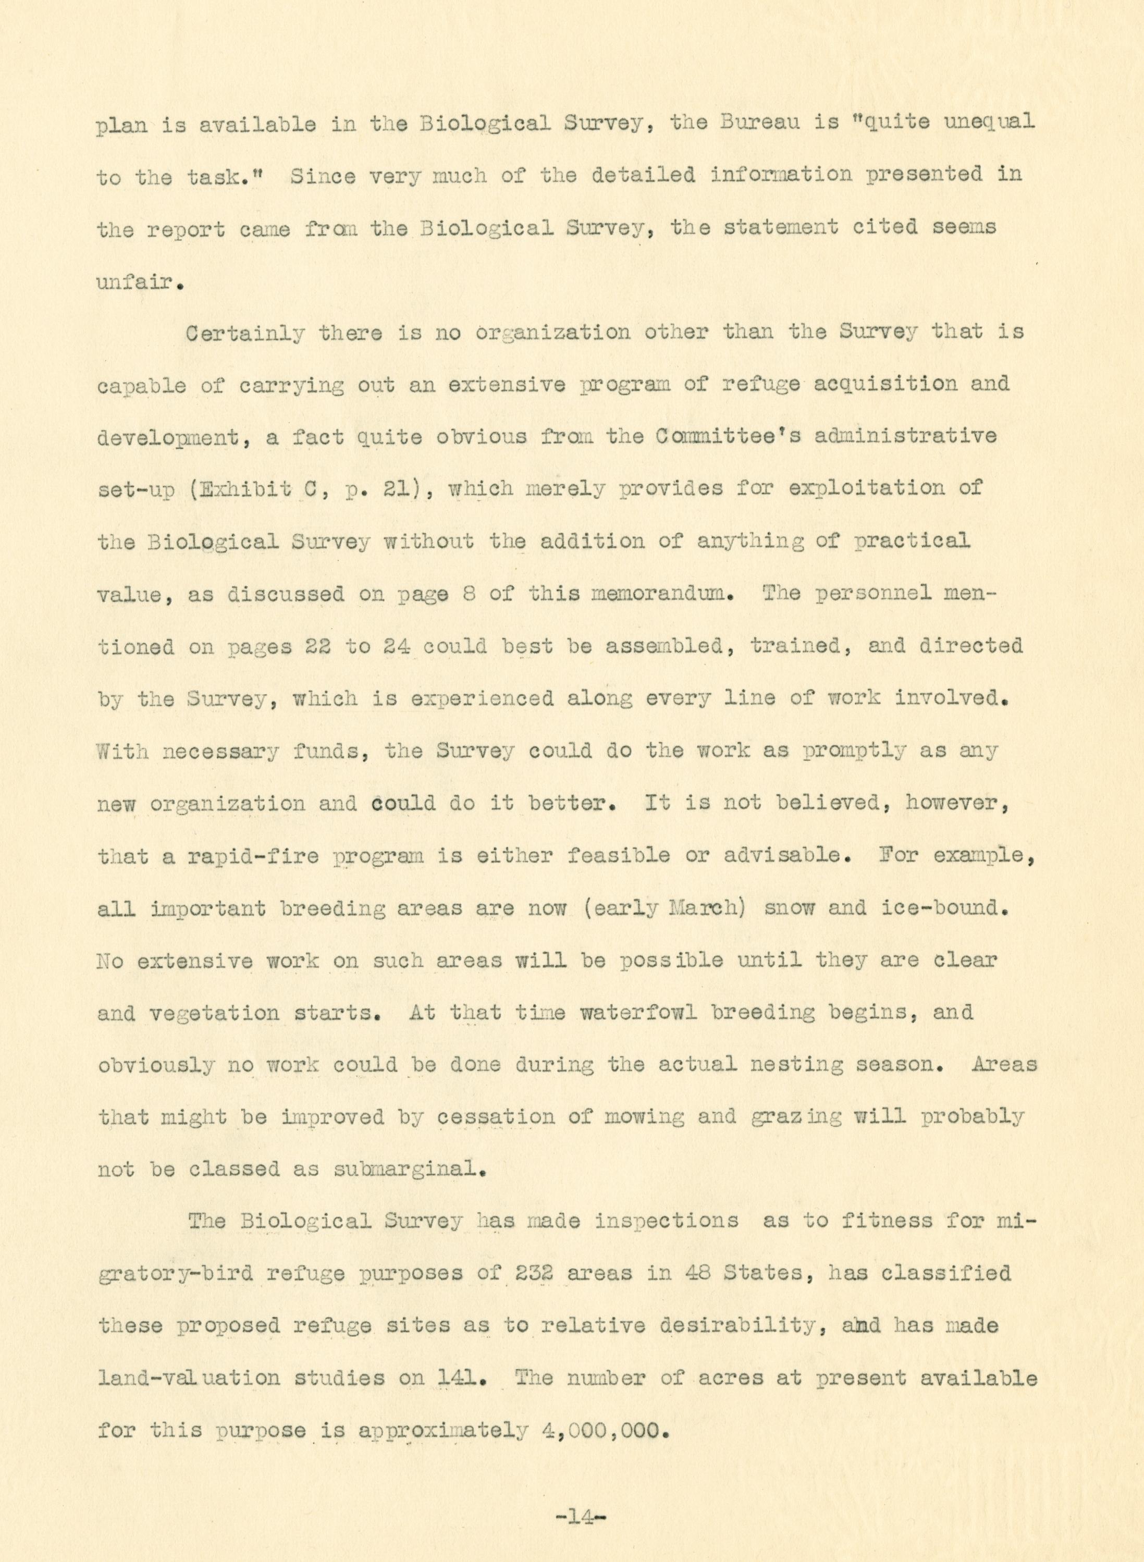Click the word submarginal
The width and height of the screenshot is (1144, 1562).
tap(408, 1170)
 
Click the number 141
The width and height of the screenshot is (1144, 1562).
tap(461, 1378)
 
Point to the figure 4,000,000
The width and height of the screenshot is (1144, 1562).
tap(604, 1430)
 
